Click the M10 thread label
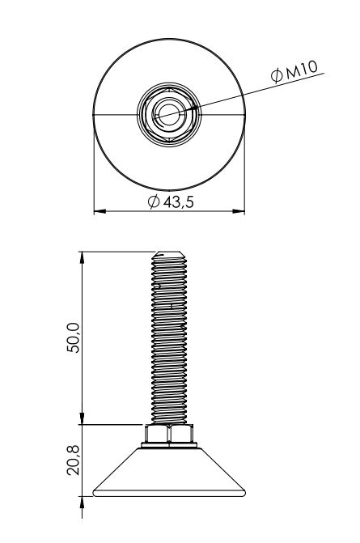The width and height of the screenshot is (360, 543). (301, 70)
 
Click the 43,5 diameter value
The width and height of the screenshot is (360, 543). (178, 202)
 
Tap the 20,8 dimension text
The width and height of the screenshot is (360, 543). (73, 460)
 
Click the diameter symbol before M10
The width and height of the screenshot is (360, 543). (277, 76)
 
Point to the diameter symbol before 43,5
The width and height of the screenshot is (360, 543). (154, 202)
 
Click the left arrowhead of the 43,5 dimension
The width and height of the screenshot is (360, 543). (100, 211)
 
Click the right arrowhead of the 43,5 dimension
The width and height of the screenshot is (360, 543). (239, 211)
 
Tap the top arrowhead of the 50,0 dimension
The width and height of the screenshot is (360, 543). (82, 258)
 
